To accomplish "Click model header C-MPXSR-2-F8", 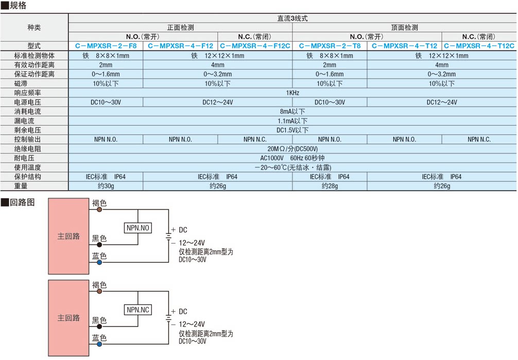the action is click(106, 46).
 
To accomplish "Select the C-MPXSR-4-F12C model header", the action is click(255, 46).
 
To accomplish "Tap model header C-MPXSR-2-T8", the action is click(330, 46).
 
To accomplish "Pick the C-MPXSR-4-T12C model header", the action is click(479, 46).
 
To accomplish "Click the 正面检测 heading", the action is click(180, 27).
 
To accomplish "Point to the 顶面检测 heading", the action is click(404, 27).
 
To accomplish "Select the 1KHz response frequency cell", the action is click(292, 93).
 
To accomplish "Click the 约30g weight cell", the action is click(106, 186).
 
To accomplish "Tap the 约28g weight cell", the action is click(330, 186).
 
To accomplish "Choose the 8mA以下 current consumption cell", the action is click(292, 111).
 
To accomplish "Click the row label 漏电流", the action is click(24, 121).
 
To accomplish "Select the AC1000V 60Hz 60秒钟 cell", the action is click(292, 158).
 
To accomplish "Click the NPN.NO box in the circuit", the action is click(138, 228).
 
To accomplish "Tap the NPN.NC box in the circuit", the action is click(138, 310).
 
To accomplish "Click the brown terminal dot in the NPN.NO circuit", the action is click(99, 209).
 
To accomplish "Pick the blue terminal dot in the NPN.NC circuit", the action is click(99, 344).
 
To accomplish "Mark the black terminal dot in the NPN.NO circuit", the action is click(99, 245).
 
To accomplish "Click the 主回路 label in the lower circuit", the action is click(68, 318).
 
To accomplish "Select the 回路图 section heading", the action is click(22, 202).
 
